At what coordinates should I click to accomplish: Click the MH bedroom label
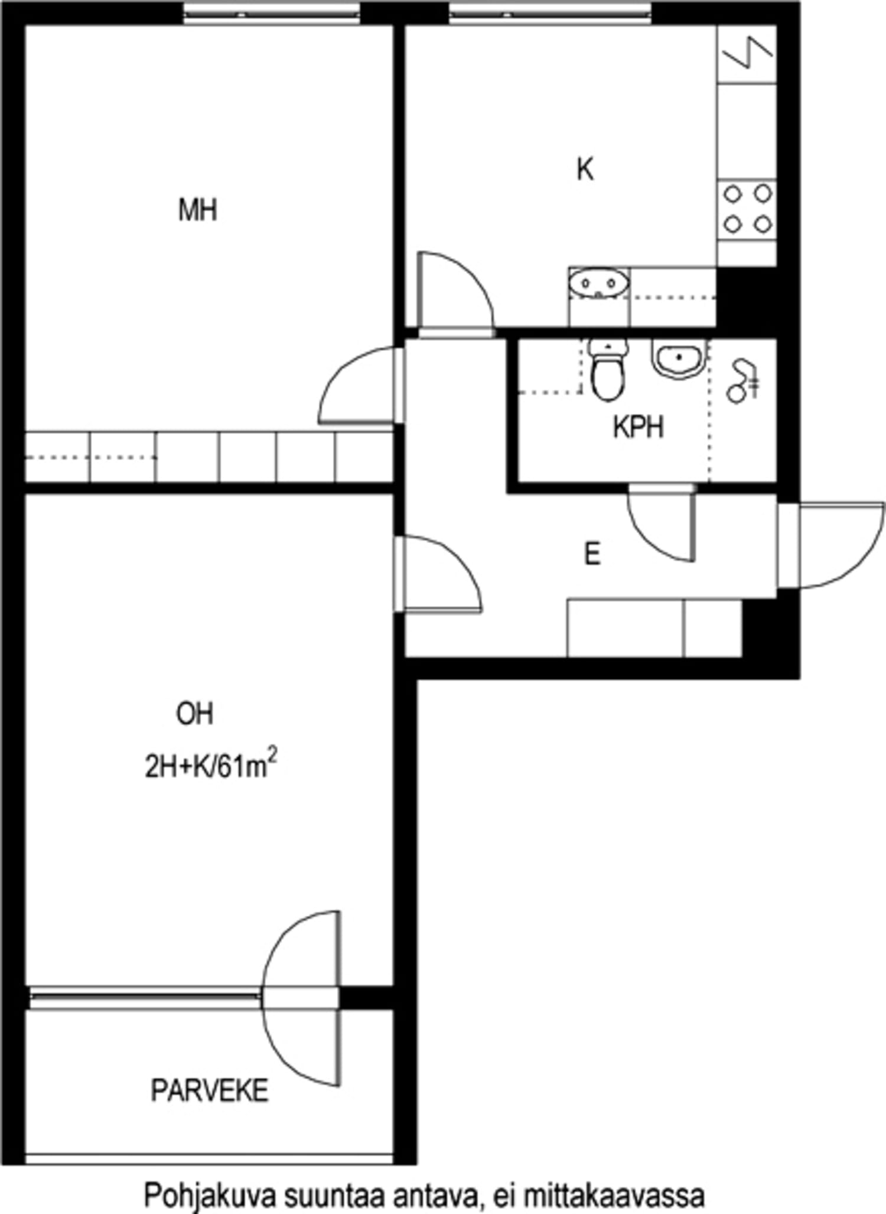coord(198,210)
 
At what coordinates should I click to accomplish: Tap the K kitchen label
coord(585,170)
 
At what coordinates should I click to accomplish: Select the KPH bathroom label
coord(638,427)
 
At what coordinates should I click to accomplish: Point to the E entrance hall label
coord(592,555)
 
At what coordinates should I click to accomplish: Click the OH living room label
coord(195,714)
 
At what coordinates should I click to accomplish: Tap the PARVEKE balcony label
coord(210,1091)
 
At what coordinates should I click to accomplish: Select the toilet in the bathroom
coord(607,370)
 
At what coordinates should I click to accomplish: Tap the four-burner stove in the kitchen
coord(747,209)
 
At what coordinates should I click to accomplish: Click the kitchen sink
coord(600,284)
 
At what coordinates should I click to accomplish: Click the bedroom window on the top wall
coord(272,13)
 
